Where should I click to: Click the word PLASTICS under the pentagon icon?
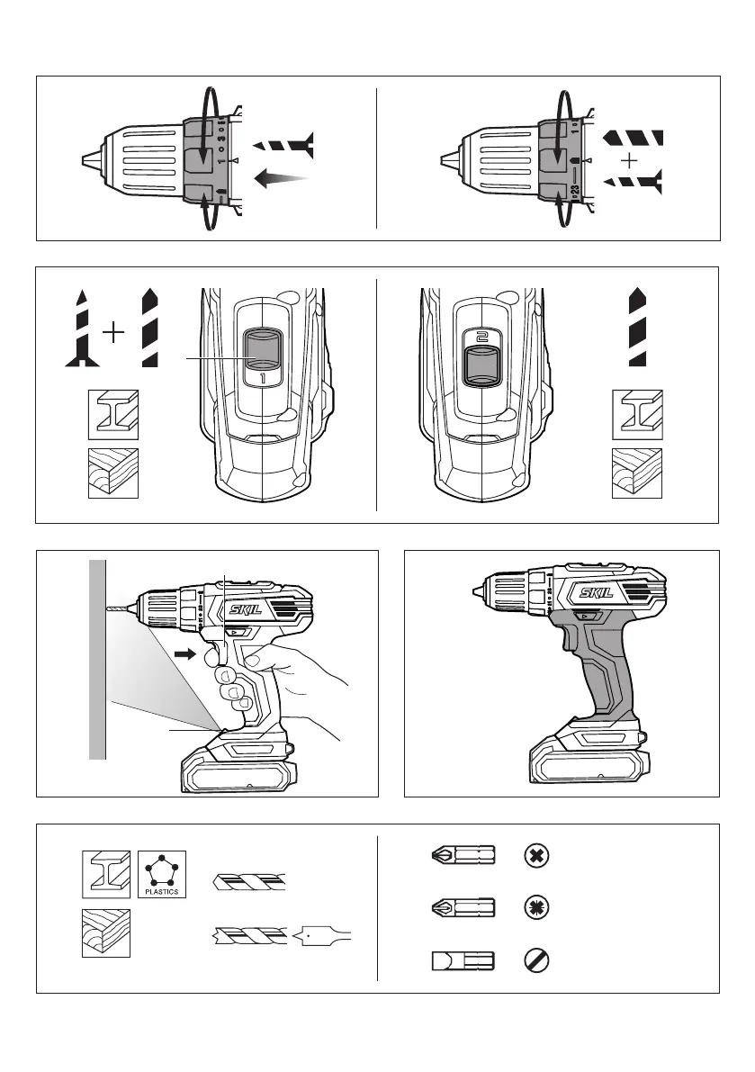click(163, 891)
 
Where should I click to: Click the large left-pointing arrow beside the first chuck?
click(281, 180)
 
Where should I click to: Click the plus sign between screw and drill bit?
click(113, 335)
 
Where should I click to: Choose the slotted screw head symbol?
click(535, 960)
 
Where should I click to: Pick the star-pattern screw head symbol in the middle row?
click(535, 907)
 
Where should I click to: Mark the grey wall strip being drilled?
click(98, 657)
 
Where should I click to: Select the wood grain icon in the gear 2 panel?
click(639, 473)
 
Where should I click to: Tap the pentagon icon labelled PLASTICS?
click(163, 869)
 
